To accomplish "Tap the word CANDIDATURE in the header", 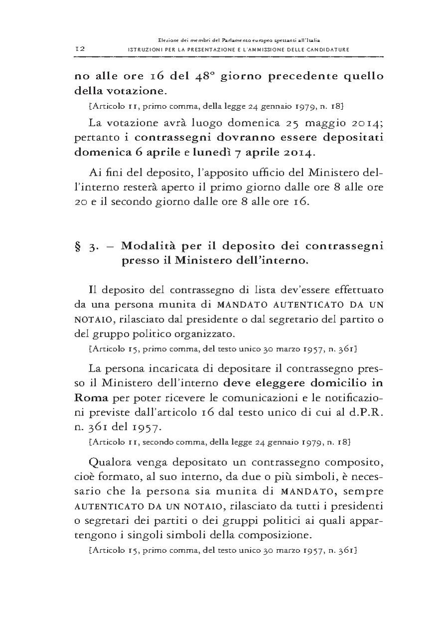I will [x=326, y=49].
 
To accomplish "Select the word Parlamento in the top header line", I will [x=227, y=39].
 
